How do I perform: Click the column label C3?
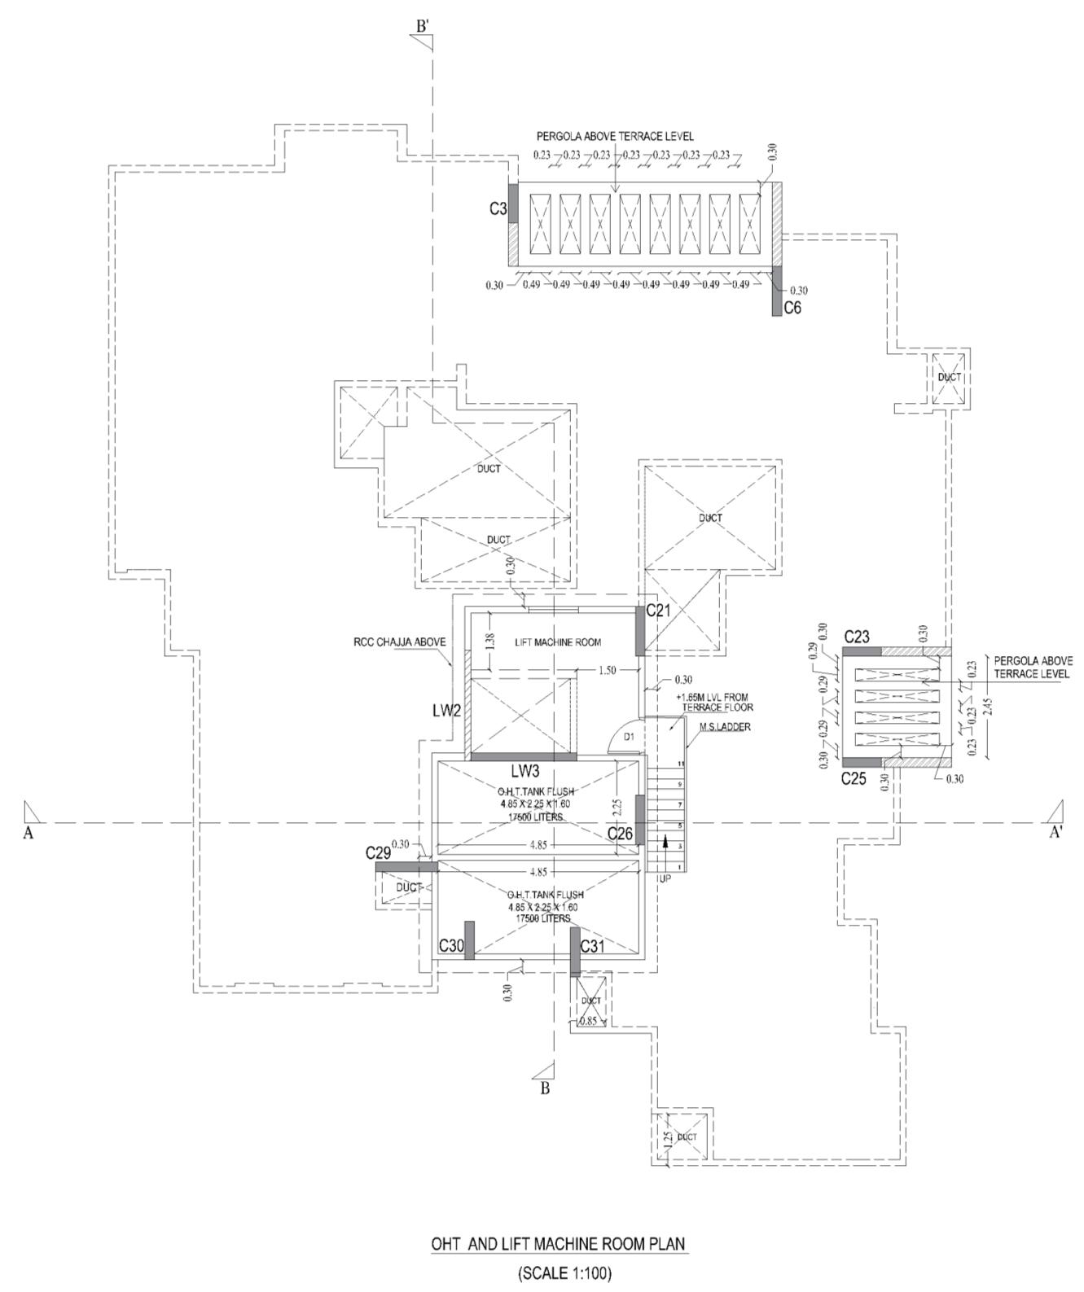498,209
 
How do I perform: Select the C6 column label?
792,308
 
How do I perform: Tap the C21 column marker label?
658,610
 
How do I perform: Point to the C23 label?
857,637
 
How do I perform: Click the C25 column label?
854,779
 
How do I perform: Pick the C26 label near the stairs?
620,834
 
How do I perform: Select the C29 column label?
378,852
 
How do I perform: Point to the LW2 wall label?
446,711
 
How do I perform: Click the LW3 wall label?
524,770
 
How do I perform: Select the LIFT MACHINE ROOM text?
558,642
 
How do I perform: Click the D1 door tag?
629,737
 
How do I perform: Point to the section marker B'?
423,26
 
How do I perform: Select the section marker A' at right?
1055,832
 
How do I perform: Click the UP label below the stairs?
665,879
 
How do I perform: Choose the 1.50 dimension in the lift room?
607,670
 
